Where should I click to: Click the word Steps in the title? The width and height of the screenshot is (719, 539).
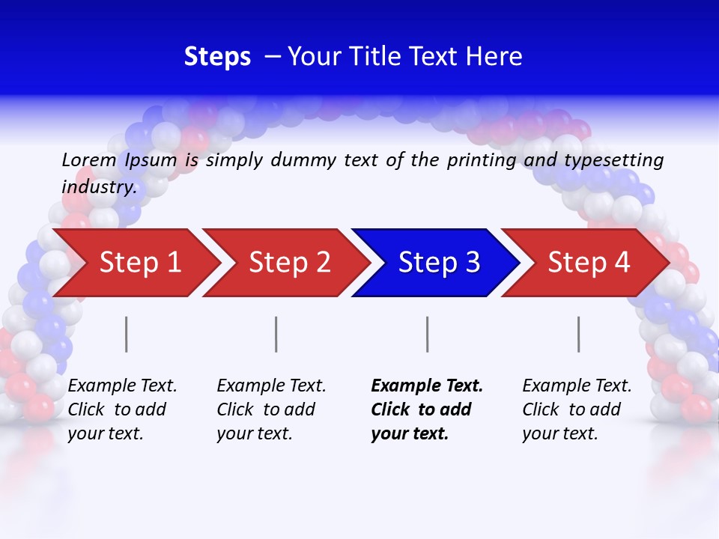217,57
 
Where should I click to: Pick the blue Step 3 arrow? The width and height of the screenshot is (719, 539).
439,262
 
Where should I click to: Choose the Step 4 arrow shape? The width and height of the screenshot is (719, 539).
589,262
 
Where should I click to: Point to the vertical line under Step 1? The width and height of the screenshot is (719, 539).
127,334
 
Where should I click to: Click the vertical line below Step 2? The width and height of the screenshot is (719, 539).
276,334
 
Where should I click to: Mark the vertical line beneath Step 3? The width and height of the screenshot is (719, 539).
428,334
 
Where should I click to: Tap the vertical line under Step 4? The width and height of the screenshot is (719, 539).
579,334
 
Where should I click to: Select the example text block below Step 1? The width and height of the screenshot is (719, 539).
122,409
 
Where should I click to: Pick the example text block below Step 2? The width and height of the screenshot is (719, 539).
271,409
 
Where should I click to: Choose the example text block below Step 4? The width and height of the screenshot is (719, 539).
577,409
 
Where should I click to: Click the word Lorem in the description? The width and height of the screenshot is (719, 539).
89,160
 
